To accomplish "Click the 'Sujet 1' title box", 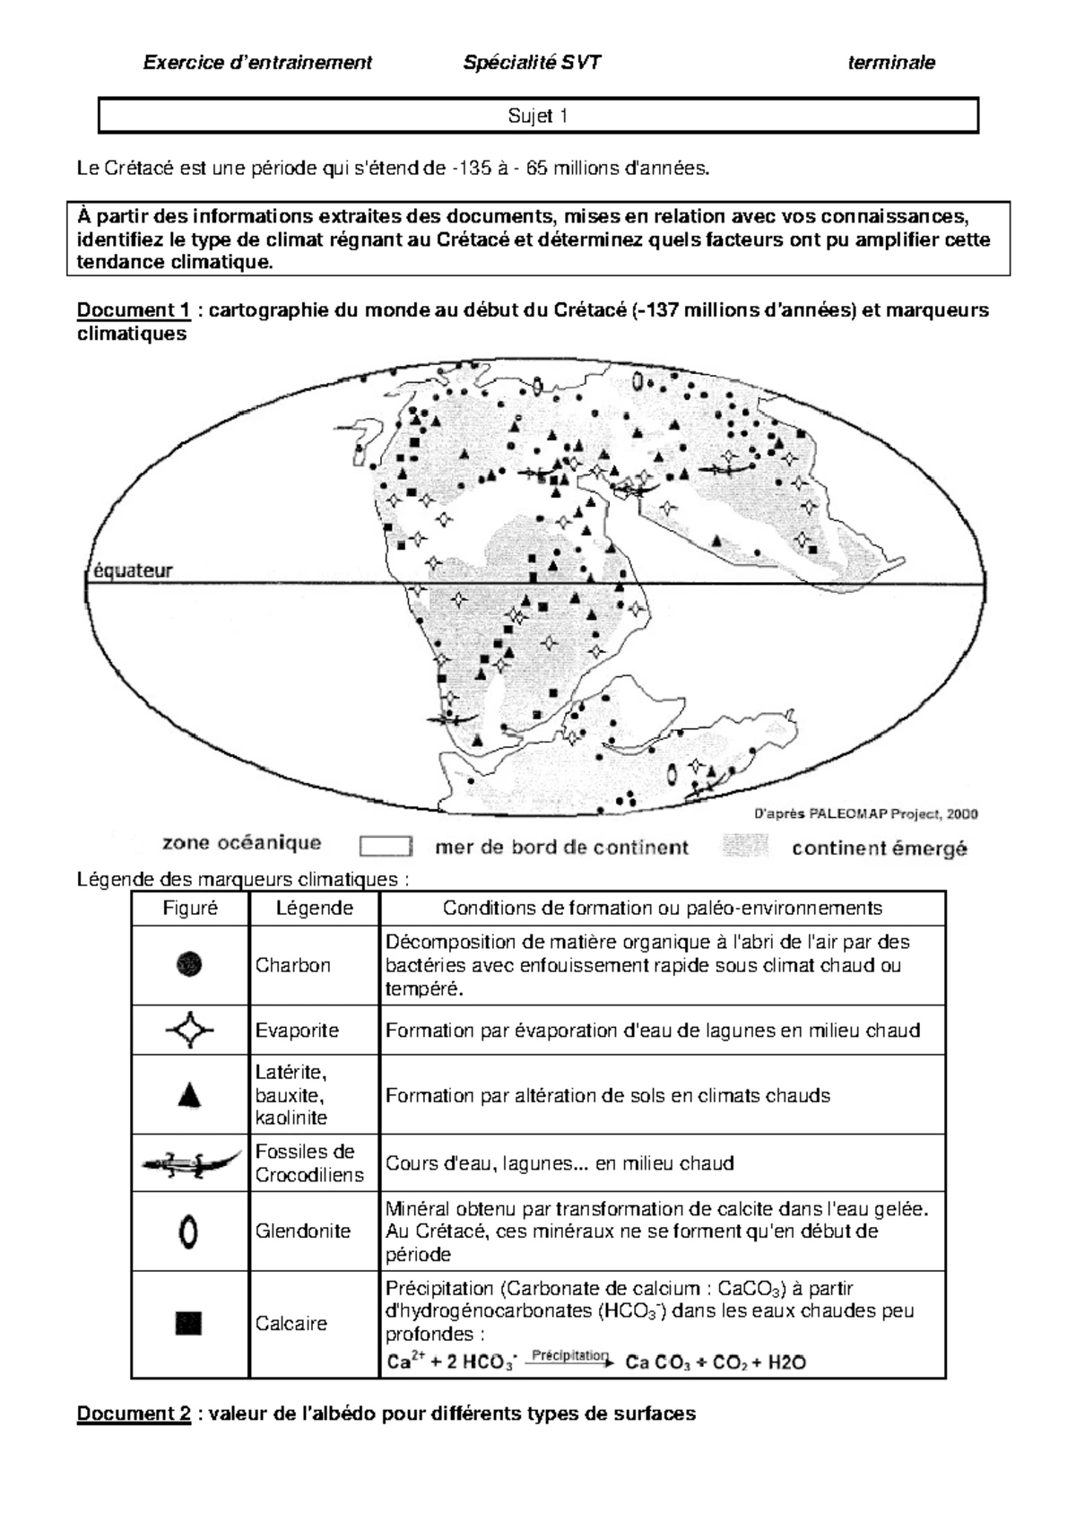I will pyautogui.click(x=537, y=116).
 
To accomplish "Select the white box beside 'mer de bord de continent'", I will pyautogui.click(x=386, y=847).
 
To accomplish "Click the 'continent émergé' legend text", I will pyautogui.click(x=879, y=848).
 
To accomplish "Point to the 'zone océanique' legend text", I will pyautogui.click(x=241, y=843).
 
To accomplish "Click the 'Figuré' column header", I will pyautogui.click(x=190, y=908).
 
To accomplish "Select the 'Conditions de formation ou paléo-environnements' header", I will pyautogui.click(x=662, y=908).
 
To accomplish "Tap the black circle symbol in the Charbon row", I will pyautogui.click(x=189, y=964).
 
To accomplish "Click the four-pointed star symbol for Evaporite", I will pyautogui.click(x=189, y=1030).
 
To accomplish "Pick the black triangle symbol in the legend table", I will pyautogui.click(x=189, y=1095).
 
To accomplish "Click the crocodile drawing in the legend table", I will pyautogui.click(x=190, y=1163).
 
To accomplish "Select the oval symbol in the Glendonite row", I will pyautogui.click(x=188, y=1231).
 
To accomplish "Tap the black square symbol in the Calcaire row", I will pyautogui.click(x=189, y=1323).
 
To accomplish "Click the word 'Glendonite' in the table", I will pyautogui.click(x=302, y=1231).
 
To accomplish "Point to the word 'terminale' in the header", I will pyautogui.click(x=890, y=62).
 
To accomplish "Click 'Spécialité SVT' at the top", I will pyautogui.click(x=532, y=62).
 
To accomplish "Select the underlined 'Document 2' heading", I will pyautogui.click(x=134, y=1414).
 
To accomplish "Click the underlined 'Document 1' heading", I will pyautogui.click(x=134, y=310).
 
